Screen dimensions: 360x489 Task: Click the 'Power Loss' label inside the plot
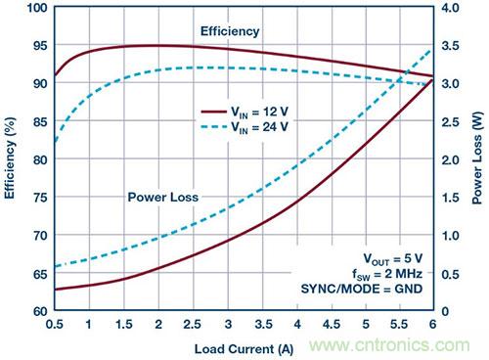[x=163, y=197]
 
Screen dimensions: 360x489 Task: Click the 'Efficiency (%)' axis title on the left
[x=11, y=159]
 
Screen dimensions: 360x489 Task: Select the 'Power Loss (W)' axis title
[x=478, y=159]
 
